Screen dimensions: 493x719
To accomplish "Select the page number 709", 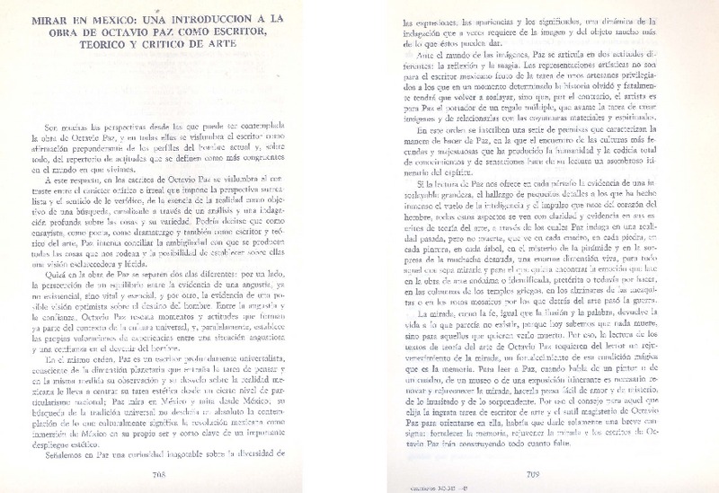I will (x=528, y=472).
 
